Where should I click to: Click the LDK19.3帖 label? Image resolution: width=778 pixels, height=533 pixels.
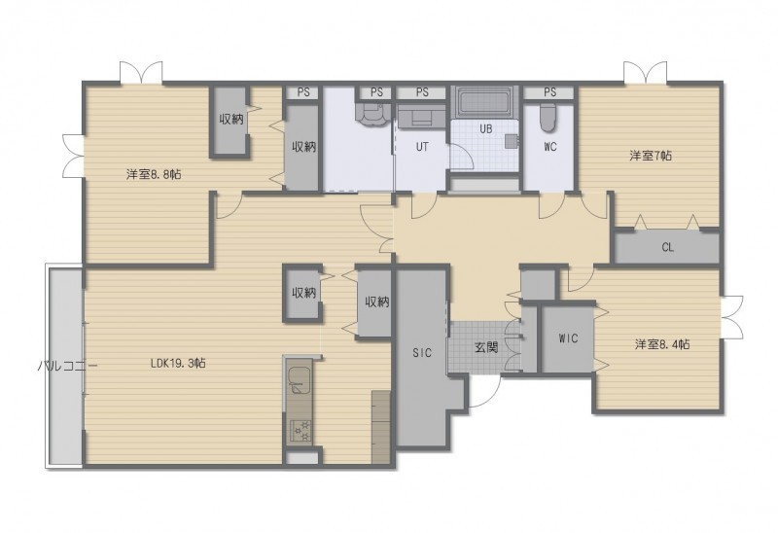pyautogui.click(x=178, y=364)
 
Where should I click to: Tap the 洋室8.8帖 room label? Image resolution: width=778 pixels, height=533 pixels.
pyautogui.click(x=153, y=175)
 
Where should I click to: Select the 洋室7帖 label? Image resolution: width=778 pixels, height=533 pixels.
pyautogui.click(x=651, y=156)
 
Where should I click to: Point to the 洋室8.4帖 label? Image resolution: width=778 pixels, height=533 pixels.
pyautogui.click(x=662, y=344)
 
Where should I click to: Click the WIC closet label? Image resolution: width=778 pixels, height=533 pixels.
pyautogui.click(x=568, y=338)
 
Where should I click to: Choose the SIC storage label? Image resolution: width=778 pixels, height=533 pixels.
pyautogui.click(x=422, y=353)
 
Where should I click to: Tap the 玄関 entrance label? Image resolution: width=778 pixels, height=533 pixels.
pyautogui.click(x=486, y=347)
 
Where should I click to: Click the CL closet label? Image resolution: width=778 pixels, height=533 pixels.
pyautogui.click(x=668, y=247)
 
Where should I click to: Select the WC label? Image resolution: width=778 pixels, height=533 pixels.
pyautogui.click(x=550, y=147)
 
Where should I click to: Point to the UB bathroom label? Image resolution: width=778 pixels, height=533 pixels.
pyautogui.click(x=485, y=128)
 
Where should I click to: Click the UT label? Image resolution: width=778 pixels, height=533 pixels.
pyautogui.click(x=422, y=147)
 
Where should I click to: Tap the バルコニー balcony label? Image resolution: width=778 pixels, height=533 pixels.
pyautogui.click(x=67, y=367)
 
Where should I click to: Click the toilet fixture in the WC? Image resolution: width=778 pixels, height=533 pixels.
pyautogui.click(x=548, y=118)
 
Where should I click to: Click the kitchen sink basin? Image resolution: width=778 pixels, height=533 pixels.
pyautogui.click(x=299, y=380)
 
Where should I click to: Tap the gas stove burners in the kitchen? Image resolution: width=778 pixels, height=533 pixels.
pyautogui.click(x=300, y=431)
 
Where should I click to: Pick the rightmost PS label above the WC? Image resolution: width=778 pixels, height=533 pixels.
pyautogui.click(x=549, y=92)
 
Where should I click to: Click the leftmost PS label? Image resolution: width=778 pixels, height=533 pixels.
pyautogui.click(x=303, y=92)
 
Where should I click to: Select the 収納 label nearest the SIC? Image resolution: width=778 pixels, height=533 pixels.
pyautogui.click(x=377, y=302)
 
